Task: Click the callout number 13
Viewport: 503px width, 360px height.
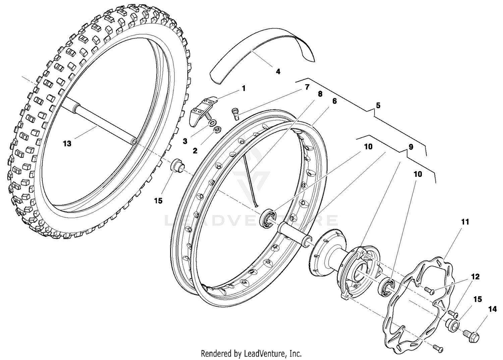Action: click(x=67, y=144)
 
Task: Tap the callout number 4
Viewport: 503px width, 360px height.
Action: click(x=278, y=71)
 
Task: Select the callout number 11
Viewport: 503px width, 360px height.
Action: click(x=465, y=222)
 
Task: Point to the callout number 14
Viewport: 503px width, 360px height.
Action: click(x=492, y=309)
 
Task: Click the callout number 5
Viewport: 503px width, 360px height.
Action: click(x=378, y=105)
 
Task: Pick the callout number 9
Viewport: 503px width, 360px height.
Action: click(x=411, y=147)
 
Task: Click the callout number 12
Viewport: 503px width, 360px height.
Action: click(x=475, y=277)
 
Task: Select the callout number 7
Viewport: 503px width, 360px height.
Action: click(x=307, y=87)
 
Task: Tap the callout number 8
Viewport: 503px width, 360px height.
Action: click(x=320, y=94)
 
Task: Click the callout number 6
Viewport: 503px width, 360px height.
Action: click(x=334, y=101)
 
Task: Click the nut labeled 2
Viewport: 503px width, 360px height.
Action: click(x=217, y=128)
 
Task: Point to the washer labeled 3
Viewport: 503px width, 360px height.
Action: click(x=212, y=122)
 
